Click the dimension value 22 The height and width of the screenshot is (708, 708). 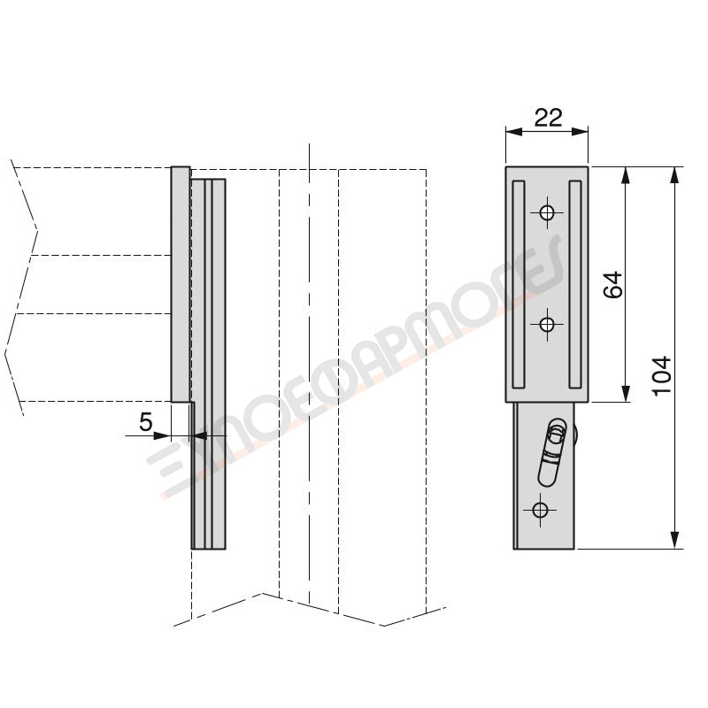tap(548, 118)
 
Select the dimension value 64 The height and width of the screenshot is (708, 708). tap(612, 284)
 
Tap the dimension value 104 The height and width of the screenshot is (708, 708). tap(662, 376)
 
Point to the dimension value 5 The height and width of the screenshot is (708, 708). tap(146, 422)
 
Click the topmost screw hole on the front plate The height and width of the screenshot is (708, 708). tap(547, 212)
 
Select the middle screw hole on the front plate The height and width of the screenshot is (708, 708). tap(547, 324)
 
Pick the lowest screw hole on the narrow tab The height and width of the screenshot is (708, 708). tap(540, 511)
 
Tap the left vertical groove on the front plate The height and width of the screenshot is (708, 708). tap(519, 284)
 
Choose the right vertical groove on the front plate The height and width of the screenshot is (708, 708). tap(575, 284)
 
